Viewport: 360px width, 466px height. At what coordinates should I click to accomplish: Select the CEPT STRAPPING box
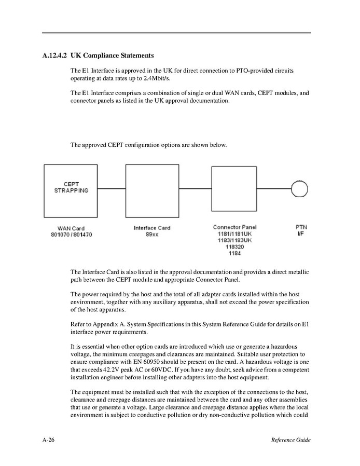tap(71, 190)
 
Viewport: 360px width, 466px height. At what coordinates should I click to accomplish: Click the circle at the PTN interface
tap(299, 188)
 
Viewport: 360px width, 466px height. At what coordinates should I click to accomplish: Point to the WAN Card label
tap(71, 228)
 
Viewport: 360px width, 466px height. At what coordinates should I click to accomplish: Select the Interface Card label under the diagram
tap(152, 228)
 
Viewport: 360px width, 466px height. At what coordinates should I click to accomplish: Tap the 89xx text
tap(152, 235)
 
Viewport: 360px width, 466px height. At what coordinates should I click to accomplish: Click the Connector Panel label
tap(234, 227)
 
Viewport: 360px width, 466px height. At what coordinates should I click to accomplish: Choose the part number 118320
tap(234, 247)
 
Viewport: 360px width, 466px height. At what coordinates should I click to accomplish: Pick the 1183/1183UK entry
tap(234, 241)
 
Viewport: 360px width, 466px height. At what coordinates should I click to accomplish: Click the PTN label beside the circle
tap(301, 227)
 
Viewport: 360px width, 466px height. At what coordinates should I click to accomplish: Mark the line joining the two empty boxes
tap(195, 188)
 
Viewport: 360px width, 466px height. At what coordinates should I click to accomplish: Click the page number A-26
tap(49, 440)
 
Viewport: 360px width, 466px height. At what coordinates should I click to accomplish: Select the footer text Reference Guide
tap(290, 440)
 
